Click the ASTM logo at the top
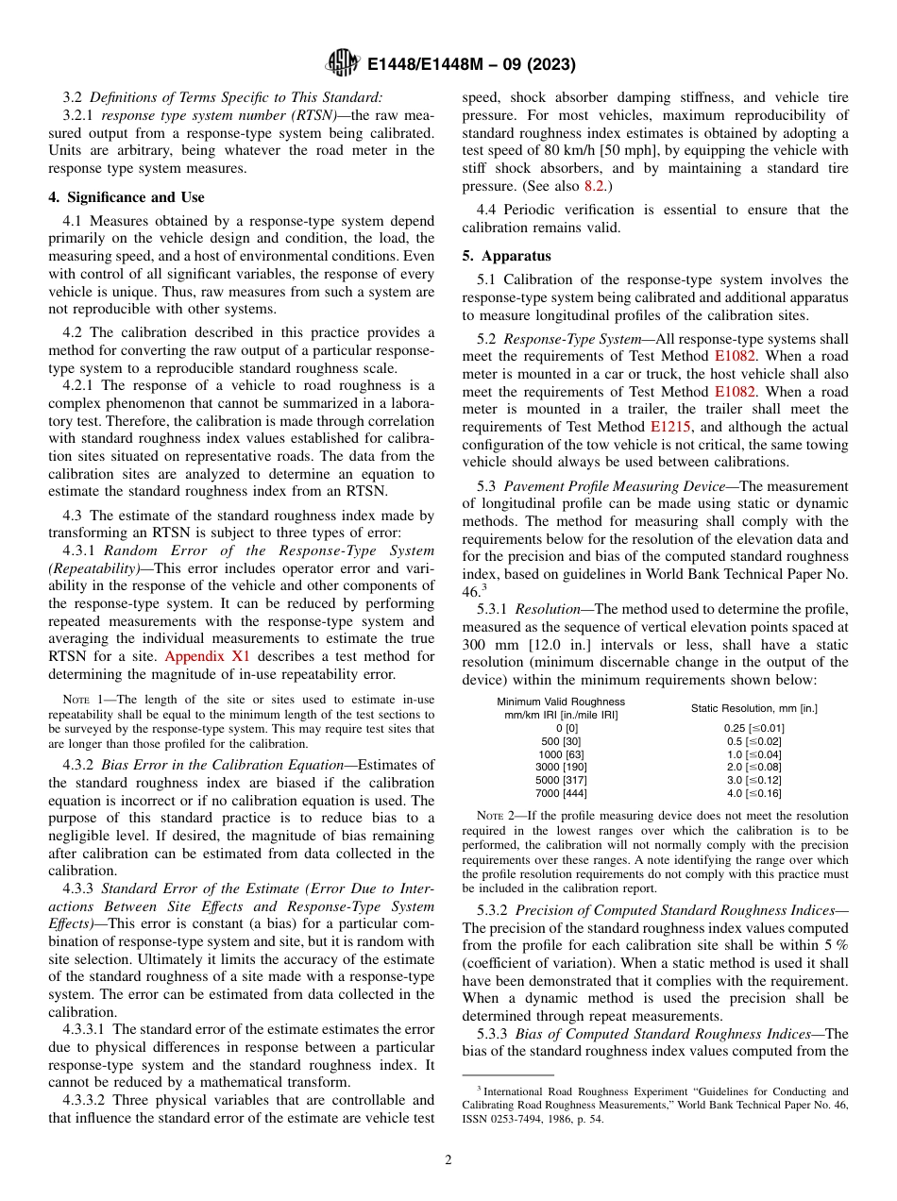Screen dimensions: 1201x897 [342, 63]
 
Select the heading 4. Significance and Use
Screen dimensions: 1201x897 [127, 197]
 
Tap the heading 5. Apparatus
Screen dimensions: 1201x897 [506, 256]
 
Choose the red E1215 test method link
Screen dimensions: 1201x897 [668, 427]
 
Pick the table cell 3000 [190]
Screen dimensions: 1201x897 [561, 767]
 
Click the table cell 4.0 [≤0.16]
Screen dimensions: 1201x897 [753, 793]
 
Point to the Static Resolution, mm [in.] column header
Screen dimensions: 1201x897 [753, 708]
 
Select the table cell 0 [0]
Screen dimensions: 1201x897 [561, 727]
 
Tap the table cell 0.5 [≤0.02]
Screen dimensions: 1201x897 [753, 740]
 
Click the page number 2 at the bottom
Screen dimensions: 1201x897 [448, 1159]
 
